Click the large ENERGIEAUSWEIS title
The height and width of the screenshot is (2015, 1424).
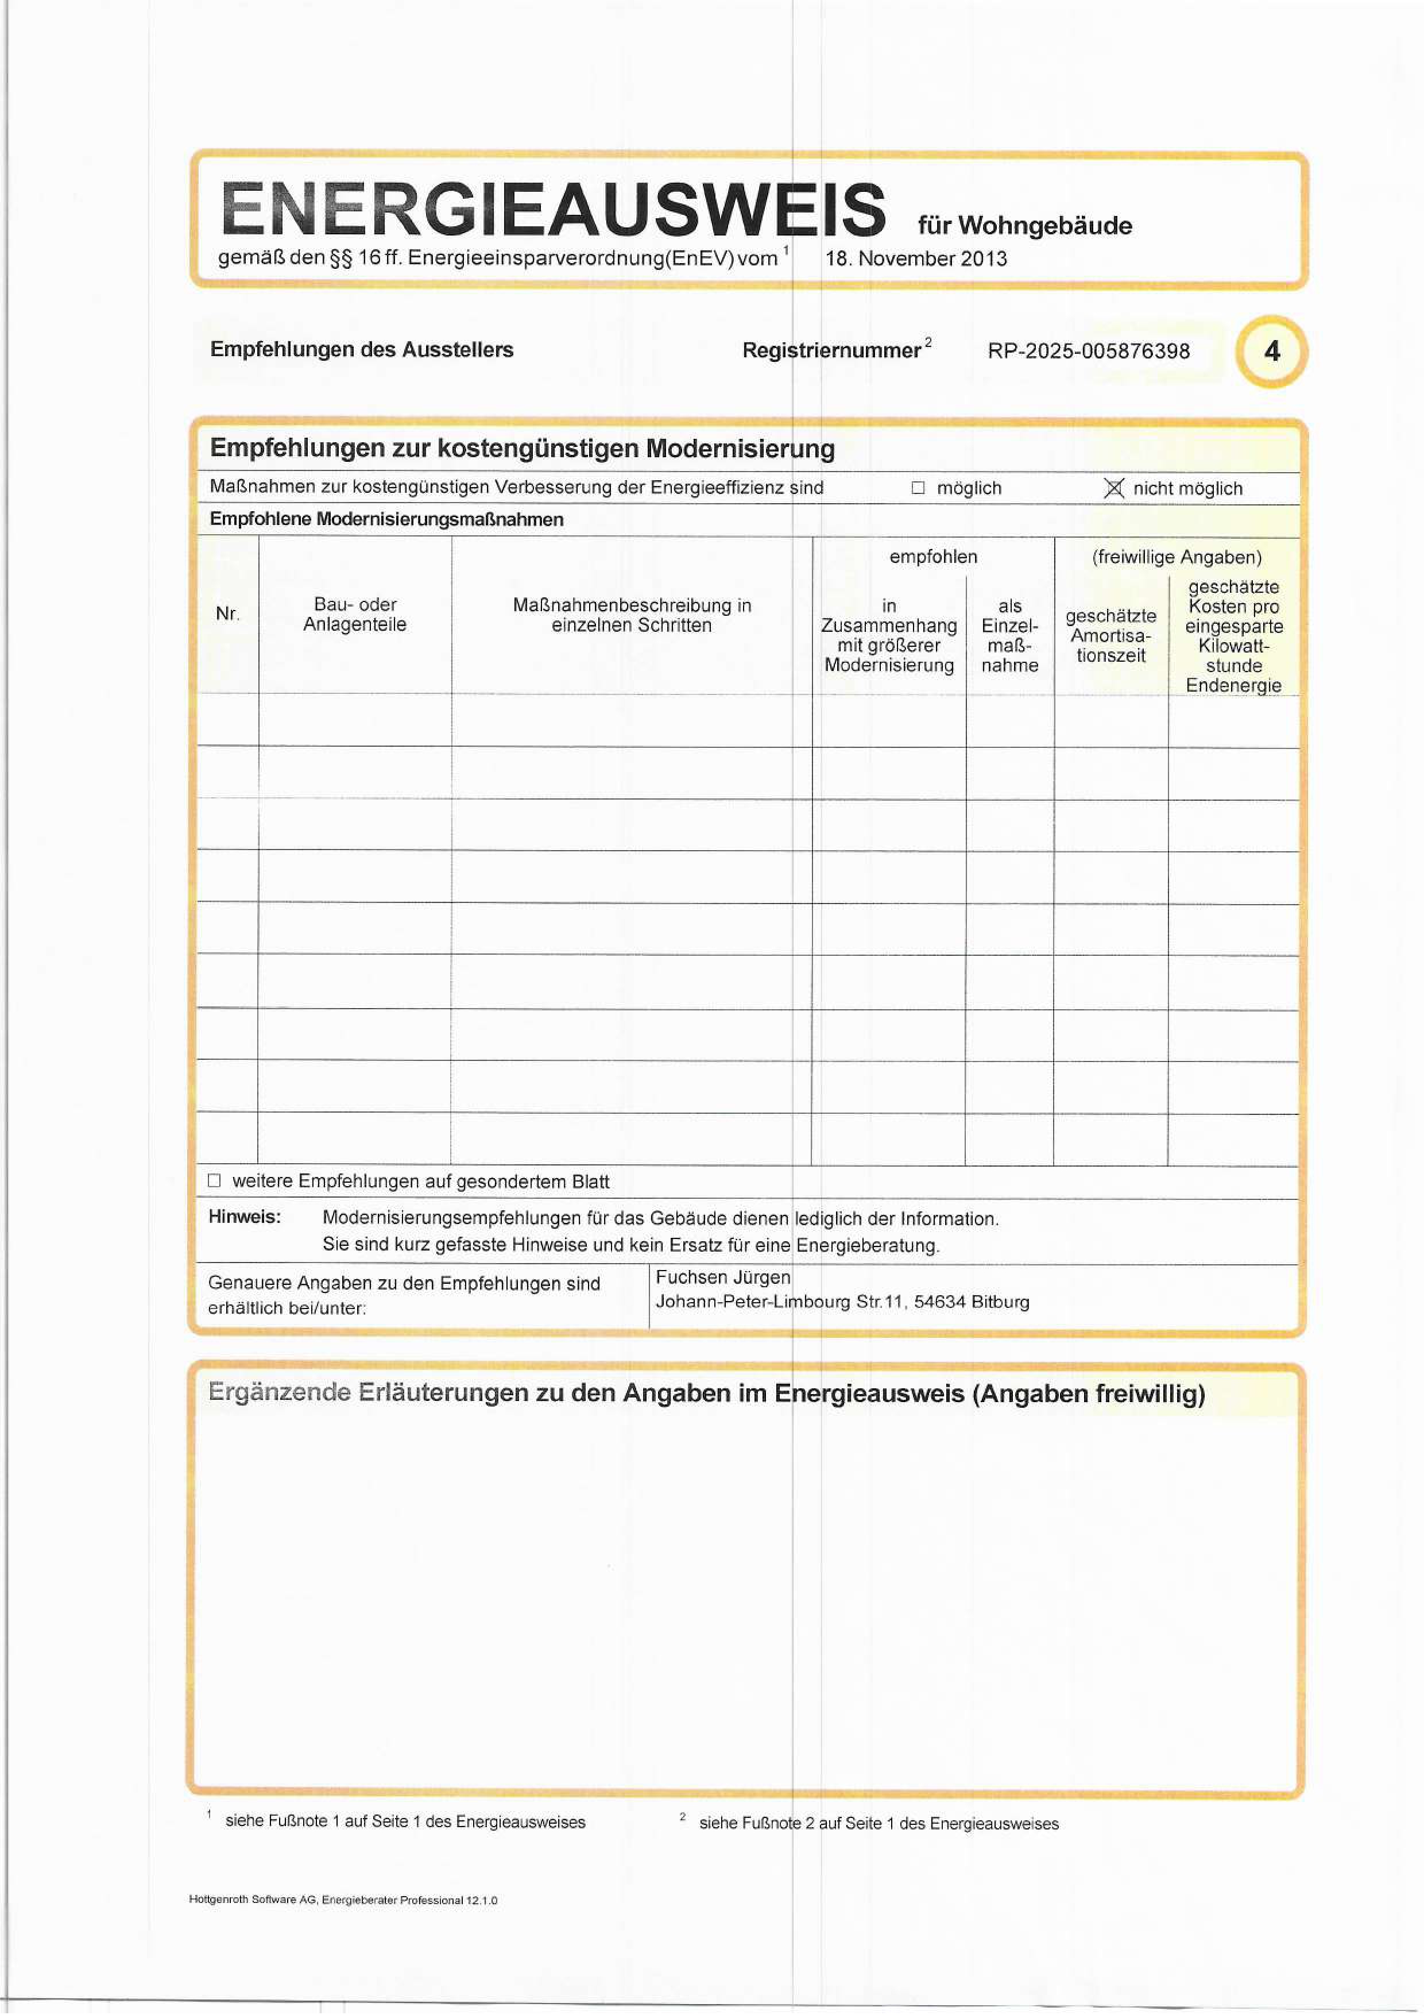click(x=553, y=209)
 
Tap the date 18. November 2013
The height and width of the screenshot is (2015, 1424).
click(x=915, y=259)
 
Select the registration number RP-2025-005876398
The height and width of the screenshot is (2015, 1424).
click(x=1088, y=351)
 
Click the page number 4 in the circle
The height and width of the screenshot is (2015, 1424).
click(x=1271, y=352)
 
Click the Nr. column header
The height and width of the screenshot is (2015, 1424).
click(x=227, y=613)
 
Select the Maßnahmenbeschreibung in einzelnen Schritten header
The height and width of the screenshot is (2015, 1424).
click(x=632, y=615)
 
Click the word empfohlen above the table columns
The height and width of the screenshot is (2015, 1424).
click(x=932, y=557)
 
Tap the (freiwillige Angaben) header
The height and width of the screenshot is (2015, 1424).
click(x=1177, y=557)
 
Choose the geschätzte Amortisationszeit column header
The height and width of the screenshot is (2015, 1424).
click(x=1110, y=635)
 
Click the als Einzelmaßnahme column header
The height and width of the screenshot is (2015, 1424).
click(x=1010, y=635)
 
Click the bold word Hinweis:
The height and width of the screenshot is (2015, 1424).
click(x=245, y=1217)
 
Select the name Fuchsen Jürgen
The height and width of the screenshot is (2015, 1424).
click(x=723, y=1277)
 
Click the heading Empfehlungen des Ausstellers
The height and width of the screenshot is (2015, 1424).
click(x=362, y=349)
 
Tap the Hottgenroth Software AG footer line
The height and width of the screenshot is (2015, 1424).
click(x=343, y=1900)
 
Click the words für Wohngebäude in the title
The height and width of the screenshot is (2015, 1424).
click(x=1025, y=226)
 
